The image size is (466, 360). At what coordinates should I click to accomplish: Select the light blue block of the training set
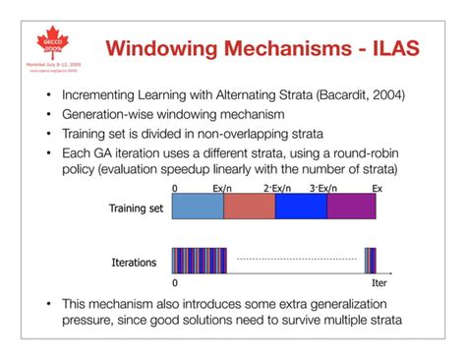coord(198,206)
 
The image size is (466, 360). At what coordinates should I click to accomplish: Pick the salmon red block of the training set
coord(250,206)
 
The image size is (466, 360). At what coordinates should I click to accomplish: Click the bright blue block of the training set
coord(301,206)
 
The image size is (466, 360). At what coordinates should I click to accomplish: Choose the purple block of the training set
coord(351,206)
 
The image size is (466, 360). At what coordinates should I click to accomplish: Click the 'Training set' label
coord(135,209)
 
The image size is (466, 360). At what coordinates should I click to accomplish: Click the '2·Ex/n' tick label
coord(277,186)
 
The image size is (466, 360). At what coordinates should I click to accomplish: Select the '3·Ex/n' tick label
coord(325,186)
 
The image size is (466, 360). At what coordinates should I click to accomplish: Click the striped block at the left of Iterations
coord(199,261)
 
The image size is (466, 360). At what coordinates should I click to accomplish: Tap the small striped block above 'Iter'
coord(370,261)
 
